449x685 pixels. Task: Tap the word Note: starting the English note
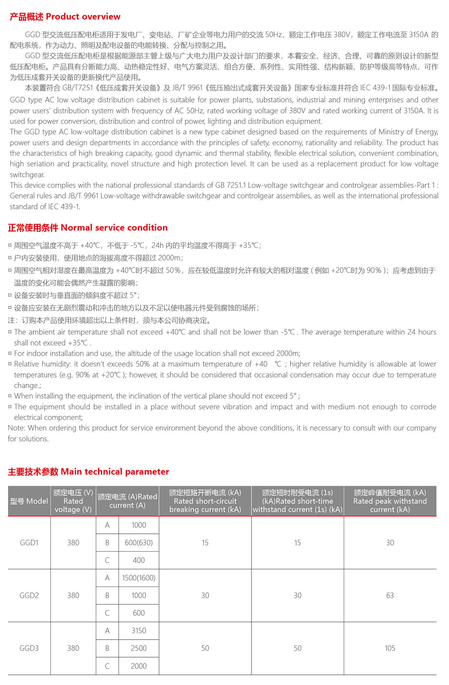coord(17,428)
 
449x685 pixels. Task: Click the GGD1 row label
coord(29,543)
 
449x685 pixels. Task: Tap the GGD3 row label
coord(29,648)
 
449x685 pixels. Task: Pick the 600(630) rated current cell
coord(138,543)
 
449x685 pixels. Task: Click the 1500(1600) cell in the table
coord(138,578)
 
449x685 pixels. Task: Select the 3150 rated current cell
coord(138,631)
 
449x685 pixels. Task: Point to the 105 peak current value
coord(390,648)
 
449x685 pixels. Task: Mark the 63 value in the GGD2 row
coord(390,595)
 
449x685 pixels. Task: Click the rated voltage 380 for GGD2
coord(73,595)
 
